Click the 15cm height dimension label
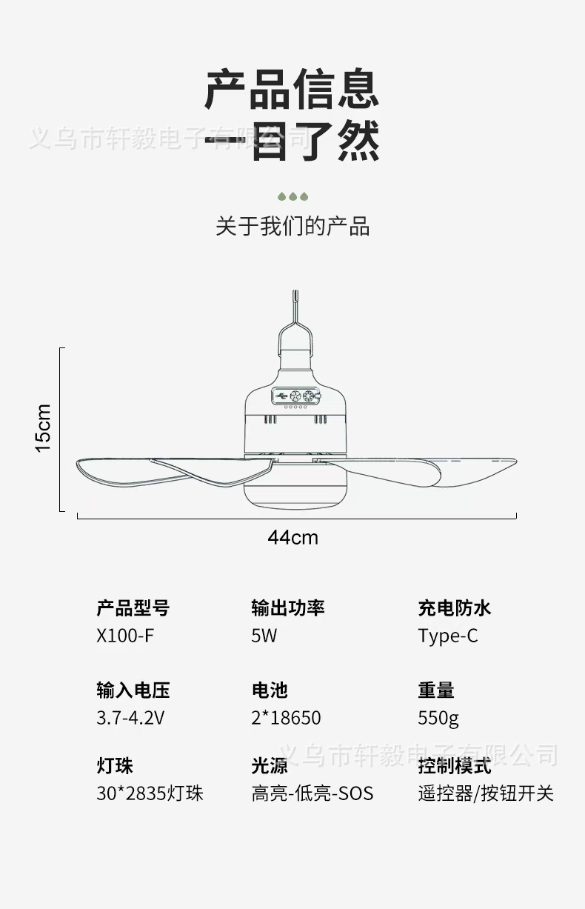(44, 428)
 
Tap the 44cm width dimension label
(293, 537)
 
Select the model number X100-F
(125, 636)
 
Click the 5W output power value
(264, 636)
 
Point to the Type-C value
(447, 636)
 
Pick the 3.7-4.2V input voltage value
(130, 718)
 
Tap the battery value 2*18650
(286, 718)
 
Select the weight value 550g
(438, 718)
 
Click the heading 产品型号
(133, 608)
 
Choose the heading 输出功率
(288, 608)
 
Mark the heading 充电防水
(454, 608)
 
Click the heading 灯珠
(115, 765)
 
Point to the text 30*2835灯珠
(150, 793)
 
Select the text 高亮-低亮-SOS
(312, 793)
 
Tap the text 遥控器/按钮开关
(485, 793)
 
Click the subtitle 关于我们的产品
(292, 226)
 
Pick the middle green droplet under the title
(292, 196)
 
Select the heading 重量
(436, 690)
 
